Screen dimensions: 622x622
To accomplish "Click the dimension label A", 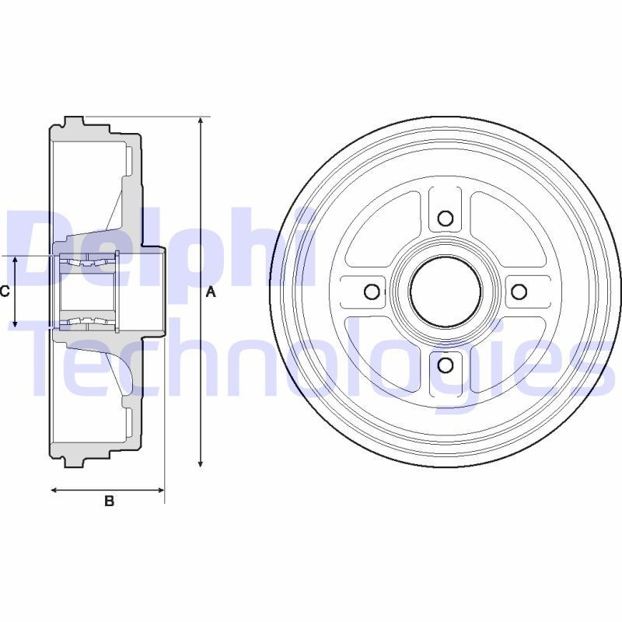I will [x=209, y=292].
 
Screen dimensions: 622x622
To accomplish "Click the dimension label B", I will [x=110, y=501].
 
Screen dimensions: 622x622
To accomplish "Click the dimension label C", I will [x=5, y=292].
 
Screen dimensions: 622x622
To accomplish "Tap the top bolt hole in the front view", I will [x=446, y=218].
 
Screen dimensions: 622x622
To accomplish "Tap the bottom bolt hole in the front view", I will [x=446, y=365].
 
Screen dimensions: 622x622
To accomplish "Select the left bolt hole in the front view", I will [x=372, y=292].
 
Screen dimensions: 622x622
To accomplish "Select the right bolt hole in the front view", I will [x=519, y=292].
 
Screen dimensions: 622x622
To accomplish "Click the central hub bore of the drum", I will [x=446, y=292].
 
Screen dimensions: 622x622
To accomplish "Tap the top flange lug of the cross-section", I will [x=74, y=122].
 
